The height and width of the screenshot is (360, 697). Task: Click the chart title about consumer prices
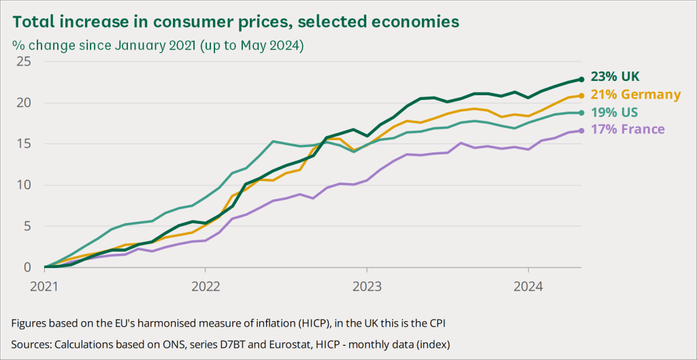click(236, 21)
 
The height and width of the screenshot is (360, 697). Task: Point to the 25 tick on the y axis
click(25, 62)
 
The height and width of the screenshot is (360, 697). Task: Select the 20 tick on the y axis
click(25, 103)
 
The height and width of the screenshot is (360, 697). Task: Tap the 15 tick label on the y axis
click(25, 144)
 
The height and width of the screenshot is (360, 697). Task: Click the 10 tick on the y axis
click(25, 185)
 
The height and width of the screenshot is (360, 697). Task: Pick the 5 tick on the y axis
click(27, 226)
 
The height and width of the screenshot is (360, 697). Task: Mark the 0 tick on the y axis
click(27, 267)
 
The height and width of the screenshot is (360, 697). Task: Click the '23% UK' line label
click(615, 76)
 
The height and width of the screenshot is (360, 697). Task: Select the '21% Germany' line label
click(636, 95)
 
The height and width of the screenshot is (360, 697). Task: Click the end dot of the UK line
click(581, 79)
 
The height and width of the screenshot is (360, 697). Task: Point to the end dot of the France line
click(581, 131)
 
